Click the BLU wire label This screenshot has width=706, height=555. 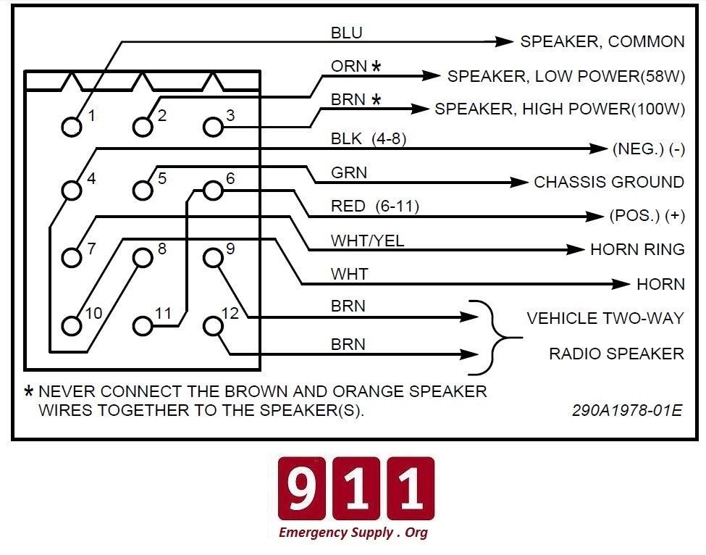[347, 33]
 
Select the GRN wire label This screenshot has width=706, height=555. [349, 172]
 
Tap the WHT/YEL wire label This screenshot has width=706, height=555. [367, 241]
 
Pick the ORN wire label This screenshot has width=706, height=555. [349, 66]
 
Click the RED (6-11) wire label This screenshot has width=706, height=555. [375, 206]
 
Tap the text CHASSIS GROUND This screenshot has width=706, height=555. [609, 182]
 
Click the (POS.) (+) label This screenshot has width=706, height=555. [647, 216]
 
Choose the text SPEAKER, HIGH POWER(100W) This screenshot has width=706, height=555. [560, 109]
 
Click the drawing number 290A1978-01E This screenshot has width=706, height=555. [627, 410]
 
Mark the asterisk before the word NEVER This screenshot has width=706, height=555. [29, 391]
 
